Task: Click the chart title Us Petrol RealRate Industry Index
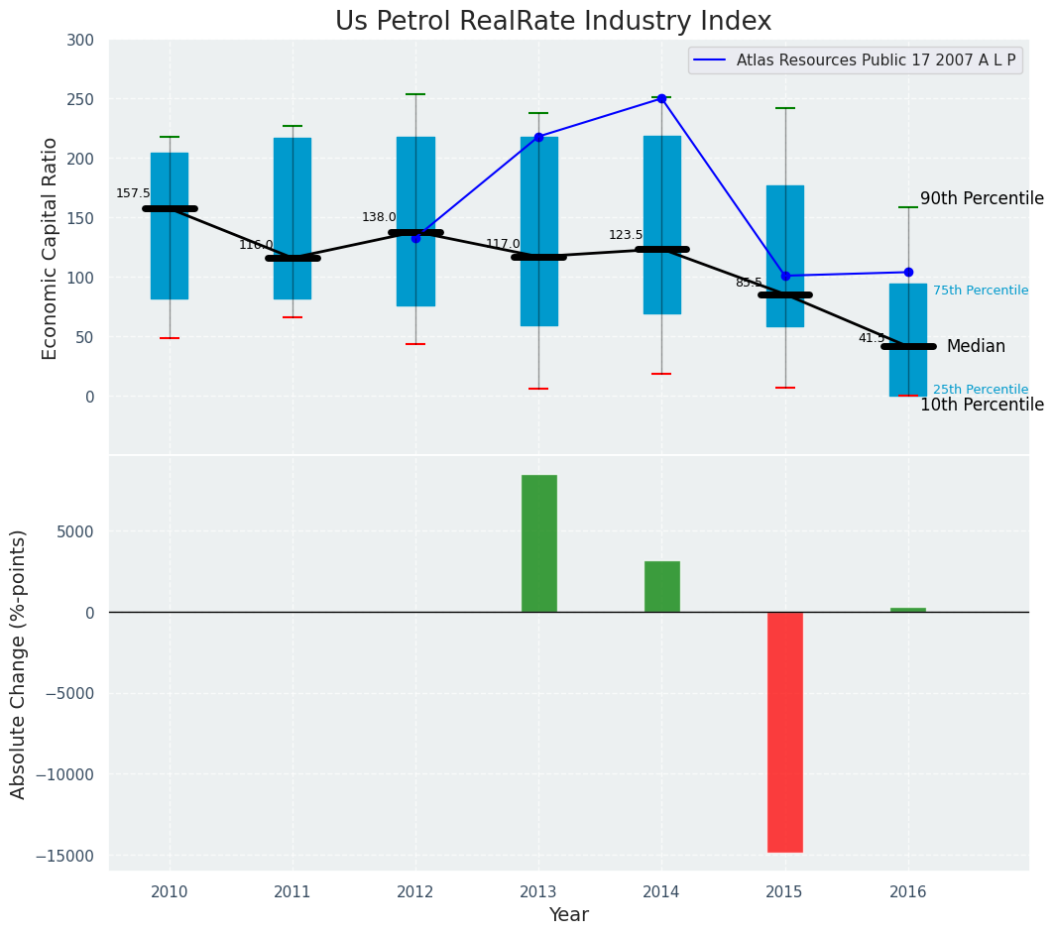pos(552,22)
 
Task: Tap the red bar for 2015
pos(784,732)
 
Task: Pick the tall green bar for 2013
pos(538,543)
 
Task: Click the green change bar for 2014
pos(661,587)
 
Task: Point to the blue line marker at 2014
pos(661,98)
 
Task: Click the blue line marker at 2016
pos(908,272)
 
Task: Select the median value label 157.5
pos(133,193)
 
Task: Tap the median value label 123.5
pos(626,235)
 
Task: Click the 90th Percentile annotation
pos(982,198)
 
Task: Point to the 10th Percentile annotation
pos(982,405)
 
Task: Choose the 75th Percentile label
pos(980,291)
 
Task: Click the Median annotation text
pos(976,346)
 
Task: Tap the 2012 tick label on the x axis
pos(415,892)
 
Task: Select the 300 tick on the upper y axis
pos(81,41)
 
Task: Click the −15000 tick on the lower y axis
pos(60,856)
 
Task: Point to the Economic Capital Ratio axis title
pos(50,248)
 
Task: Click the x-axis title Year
pos(569,915)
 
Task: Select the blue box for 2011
pos(293,218)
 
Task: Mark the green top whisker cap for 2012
pos(415,94)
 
